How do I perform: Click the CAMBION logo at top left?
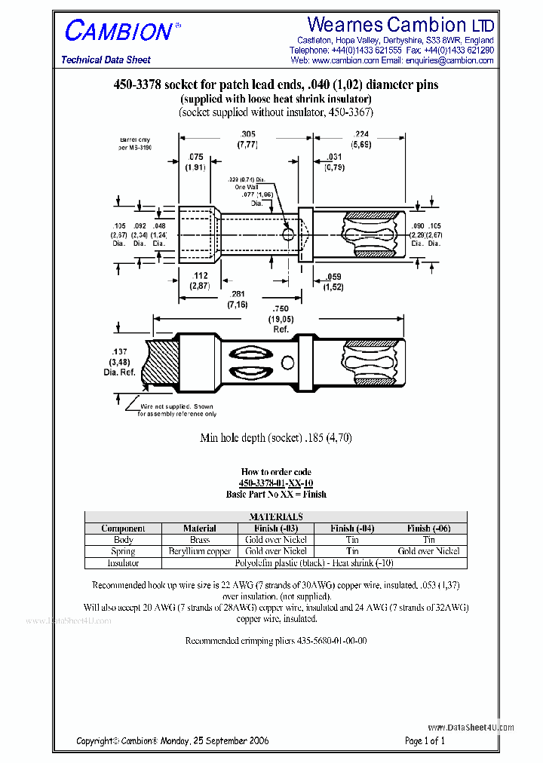tap(119, 32)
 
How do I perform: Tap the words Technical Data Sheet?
tap(106, 60)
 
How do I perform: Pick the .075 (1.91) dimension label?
tap(195, 162)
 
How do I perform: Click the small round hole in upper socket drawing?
tap(288, 234)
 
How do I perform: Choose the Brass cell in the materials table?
tap(199, 540)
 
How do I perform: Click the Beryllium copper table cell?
tap(199, 551)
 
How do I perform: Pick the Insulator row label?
tap(123, 562)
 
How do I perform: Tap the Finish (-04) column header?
tap(352, 529)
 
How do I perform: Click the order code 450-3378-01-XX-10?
tap(276, 483)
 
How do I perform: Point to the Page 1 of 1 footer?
tap(425, 740)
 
